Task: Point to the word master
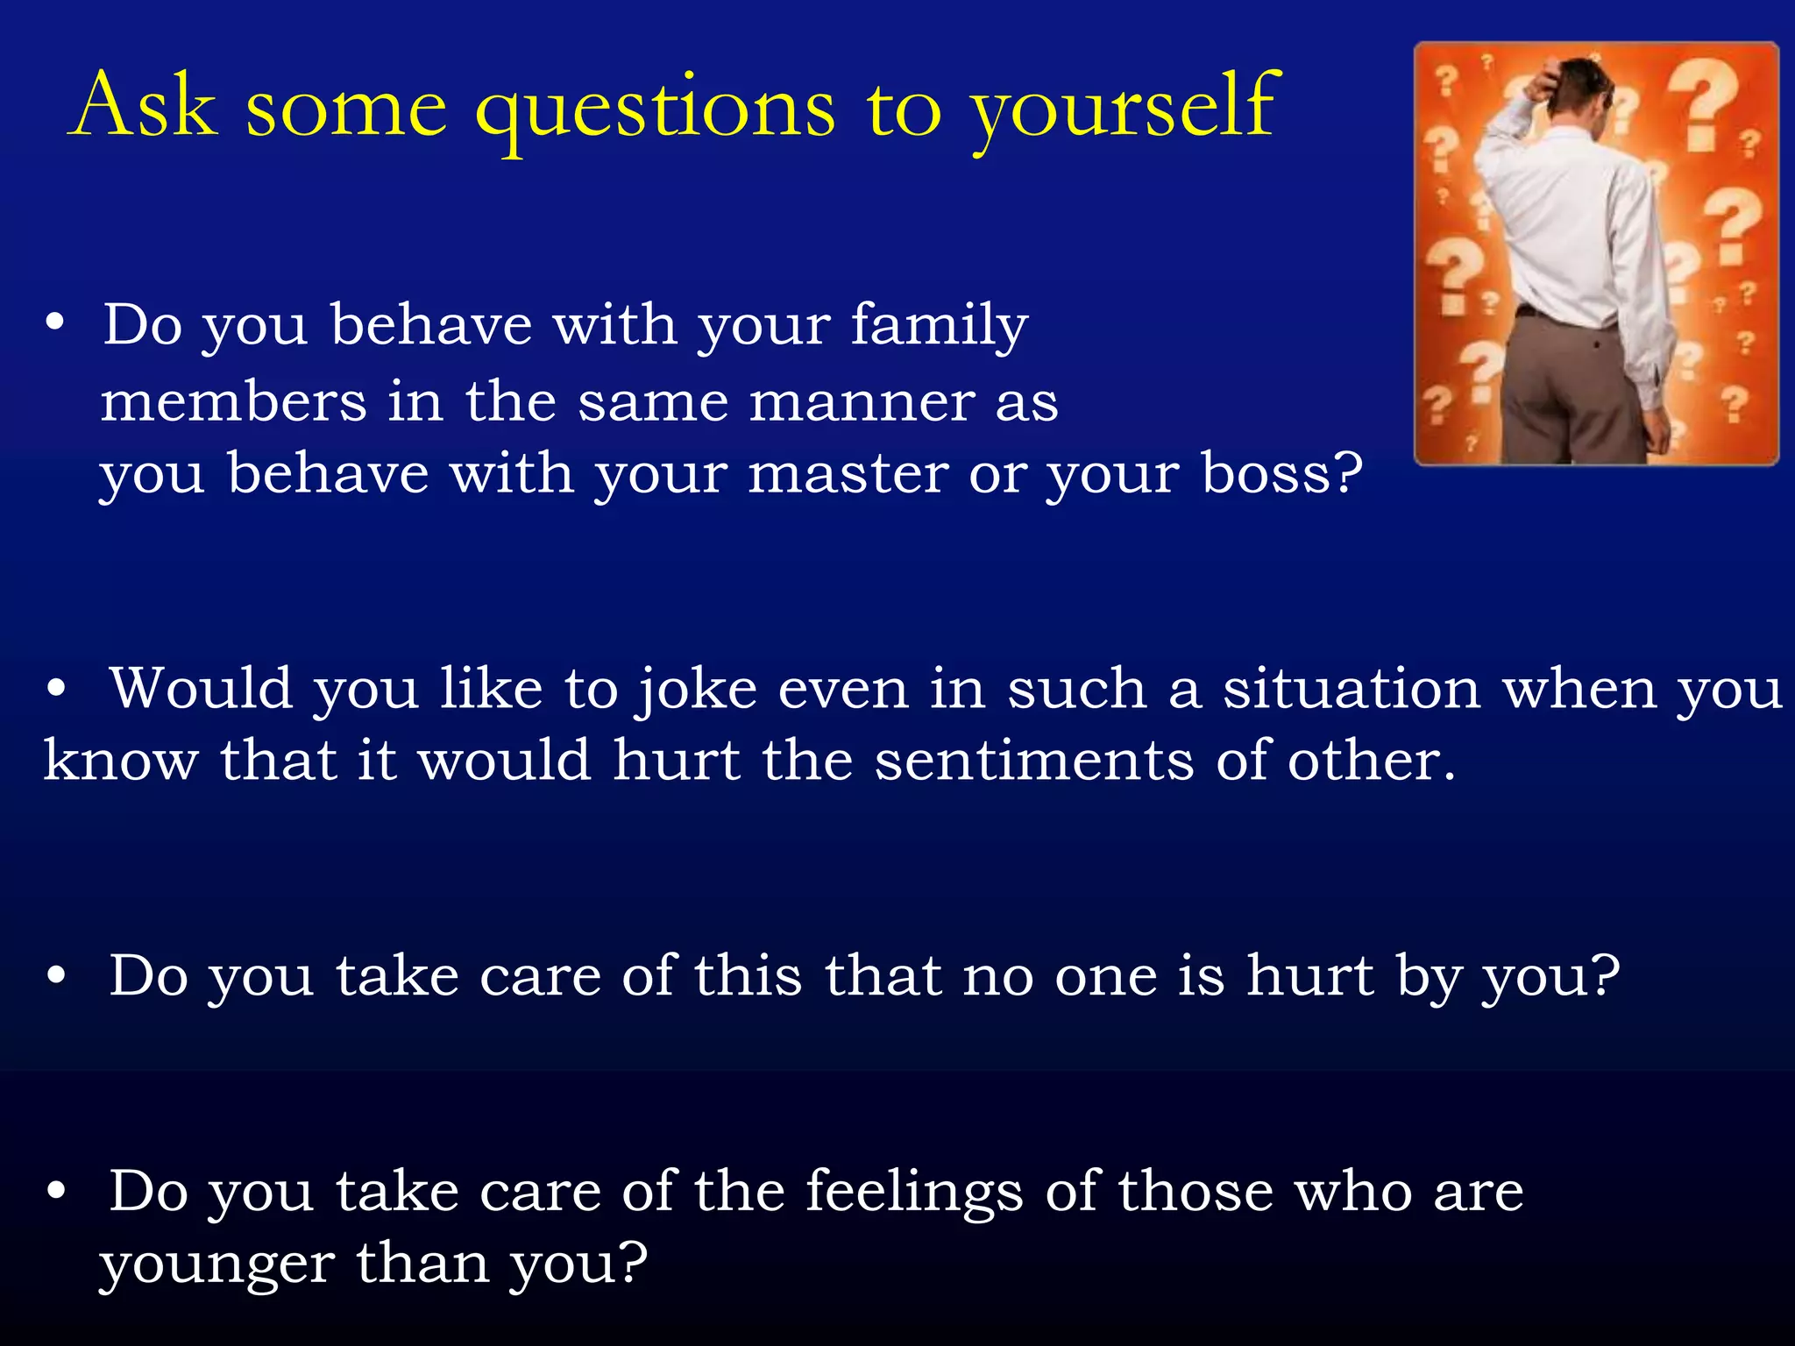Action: point(848,474)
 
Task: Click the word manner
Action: point(861,402)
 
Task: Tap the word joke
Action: point(697,691)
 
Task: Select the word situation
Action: point(1352,689)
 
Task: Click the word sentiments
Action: point(1034,760)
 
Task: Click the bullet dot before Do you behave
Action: point(55,323)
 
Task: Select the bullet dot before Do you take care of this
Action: point(57,976)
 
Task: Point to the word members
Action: point(233,402)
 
